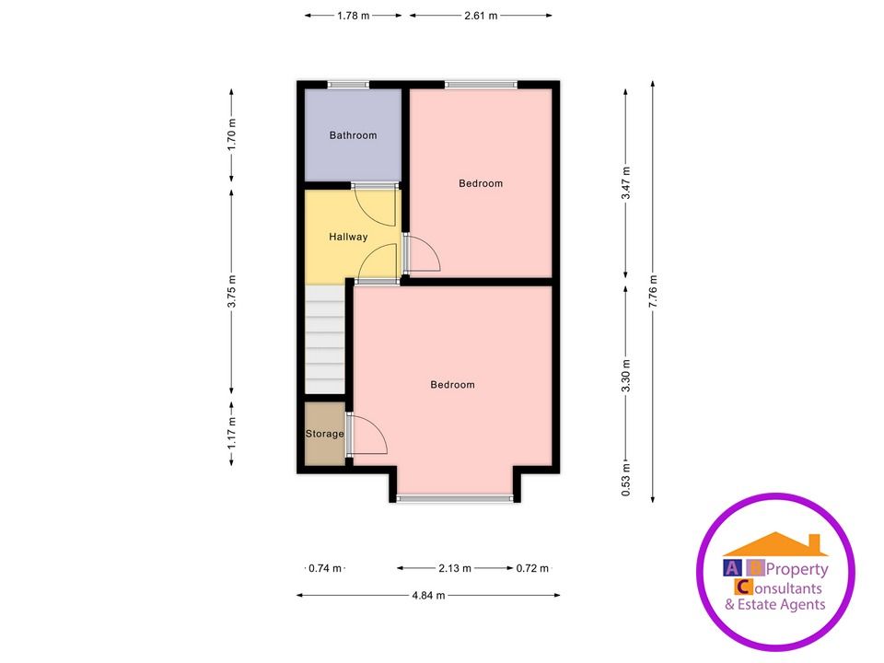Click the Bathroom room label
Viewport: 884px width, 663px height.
click(x=353, y=135)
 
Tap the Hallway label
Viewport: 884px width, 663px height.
click(x=348, y=237)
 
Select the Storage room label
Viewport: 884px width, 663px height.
click(x=324, y=434)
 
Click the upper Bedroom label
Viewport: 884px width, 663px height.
click(x=481, y=183)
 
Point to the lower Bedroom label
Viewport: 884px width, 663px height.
click(x=452, y=385)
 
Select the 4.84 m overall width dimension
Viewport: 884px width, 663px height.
click(x=428, y=596)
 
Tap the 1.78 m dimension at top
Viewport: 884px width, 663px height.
click(x=353, y=15)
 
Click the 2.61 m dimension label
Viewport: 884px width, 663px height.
click(x=481, y=15)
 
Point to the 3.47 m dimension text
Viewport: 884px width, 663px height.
click(x=626, y=182)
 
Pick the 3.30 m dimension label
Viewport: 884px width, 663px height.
click(x=626, y=377)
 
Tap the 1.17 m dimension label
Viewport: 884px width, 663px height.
click(x=232, y=433)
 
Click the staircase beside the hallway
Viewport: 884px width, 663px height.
click(x=324, y=341)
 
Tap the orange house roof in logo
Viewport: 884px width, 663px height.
click(x=775, y=545)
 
